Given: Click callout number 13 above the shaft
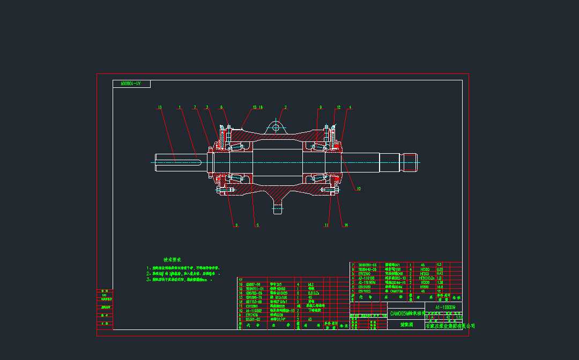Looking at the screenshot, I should [160, 107].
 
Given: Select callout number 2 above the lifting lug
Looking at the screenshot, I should [285, 107].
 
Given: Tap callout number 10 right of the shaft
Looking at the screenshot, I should [359, 189].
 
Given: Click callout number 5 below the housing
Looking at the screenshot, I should [257, 225].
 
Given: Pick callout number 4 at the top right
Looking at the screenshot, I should [350, 107].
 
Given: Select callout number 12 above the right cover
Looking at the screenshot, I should [339, 107].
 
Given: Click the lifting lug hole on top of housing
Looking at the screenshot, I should [276, 127].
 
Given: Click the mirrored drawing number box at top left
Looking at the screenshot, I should [131, 84].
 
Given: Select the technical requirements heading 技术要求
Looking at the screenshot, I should [173, 259].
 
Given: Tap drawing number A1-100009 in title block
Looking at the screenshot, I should [445, 307].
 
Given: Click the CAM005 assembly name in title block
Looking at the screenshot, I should [406, 313].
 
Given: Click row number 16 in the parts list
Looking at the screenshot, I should [241, 284].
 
